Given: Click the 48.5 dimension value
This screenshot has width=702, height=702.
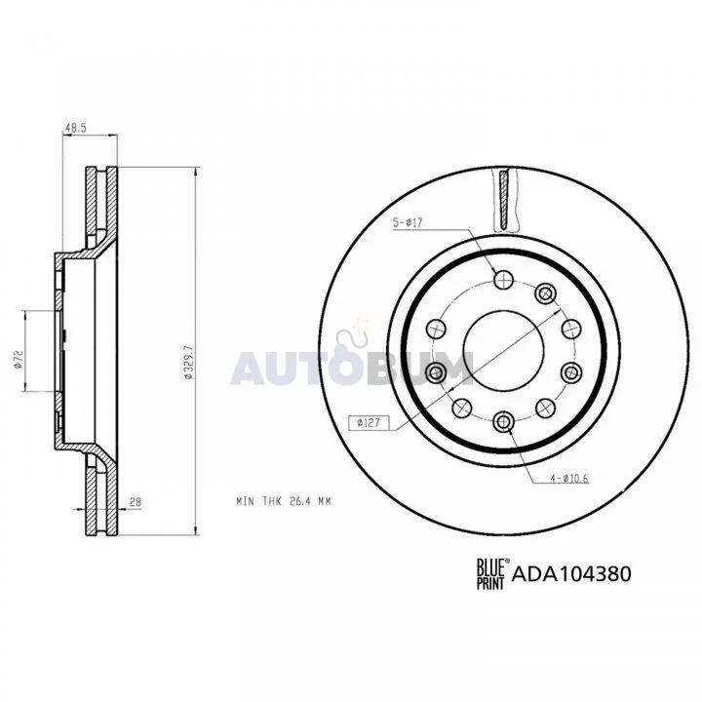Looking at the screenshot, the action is point(76,128).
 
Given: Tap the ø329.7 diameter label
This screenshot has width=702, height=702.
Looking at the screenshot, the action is point(188,363).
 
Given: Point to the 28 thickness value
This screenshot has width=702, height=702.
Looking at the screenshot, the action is point(135,502).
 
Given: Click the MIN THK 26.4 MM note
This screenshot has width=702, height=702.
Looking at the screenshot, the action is point(284,501).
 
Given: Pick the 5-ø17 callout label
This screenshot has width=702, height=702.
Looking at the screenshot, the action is point(408,222).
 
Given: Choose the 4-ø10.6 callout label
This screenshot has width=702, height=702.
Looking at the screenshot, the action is point(569,479).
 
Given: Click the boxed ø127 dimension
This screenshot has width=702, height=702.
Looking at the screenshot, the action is point(369,422).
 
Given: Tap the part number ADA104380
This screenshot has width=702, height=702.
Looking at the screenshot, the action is point(571,573).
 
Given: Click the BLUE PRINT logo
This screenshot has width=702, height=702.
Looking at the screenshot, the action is point(490,573).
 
